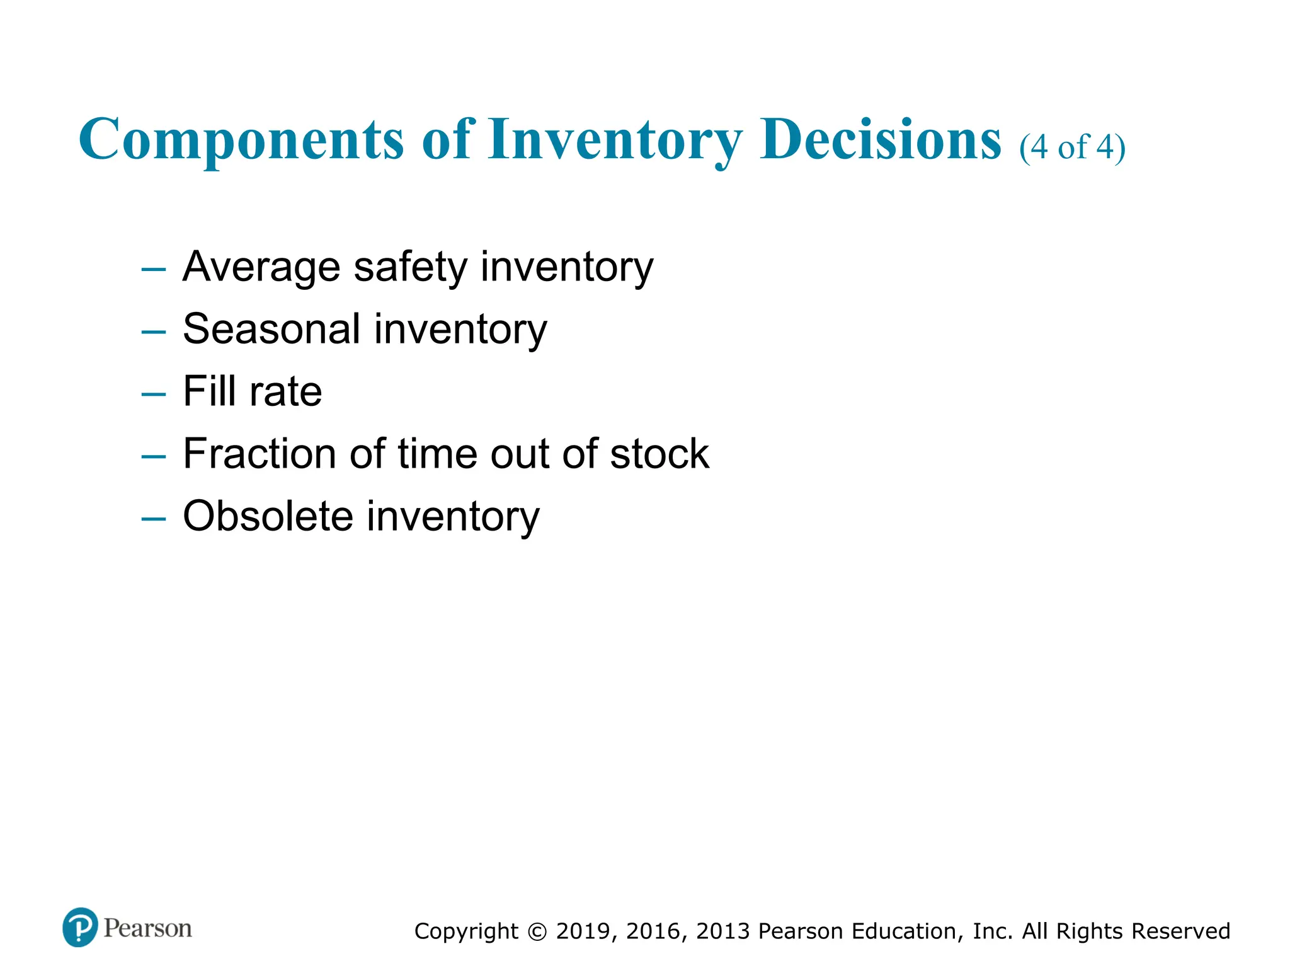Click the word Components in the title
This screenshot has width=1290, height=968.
241,140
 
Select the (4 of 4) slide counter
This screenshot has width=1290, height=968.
1072,147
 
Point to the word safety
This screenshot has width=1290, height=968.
411,267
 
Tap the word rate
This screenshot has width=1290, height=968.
286,393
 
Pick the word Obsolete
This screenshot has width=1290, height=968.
268,516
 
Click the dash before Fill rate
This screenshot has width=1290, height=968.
154,395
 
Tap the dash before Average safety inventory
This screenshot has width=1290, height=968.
154,270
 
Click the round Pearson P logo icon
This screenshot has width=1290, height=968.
80,927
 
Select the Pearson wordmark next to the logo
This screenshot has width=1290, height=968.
148,928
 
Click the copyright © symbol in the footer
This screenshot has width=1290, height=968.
537,931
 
